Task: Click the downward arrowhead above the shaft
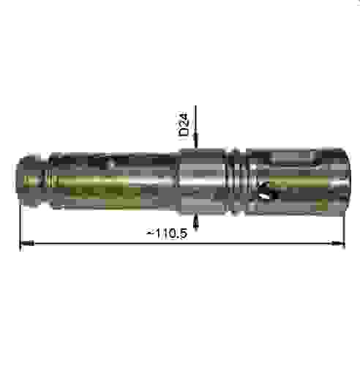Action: point(195,145)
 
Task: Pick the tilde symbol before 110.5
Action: point(149,233)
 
